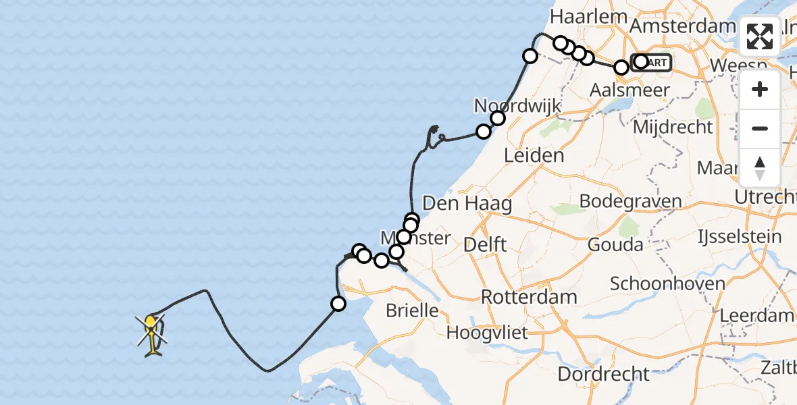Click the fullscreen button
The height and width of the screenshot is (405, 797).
coord(760,36)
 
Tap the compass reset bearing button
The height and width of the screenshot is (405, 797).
coord(760,167)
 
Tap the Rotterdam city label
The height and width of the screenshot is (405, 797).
coord(529,297)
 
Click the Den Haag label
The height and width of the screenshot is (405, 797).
coord(467,203)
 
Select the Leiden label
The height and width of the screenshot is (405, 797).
coord(534,156)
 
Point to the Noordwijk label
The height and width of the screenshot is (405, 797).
coord(508,105)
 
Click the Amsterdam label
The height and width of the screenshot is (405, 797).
coord(682,26)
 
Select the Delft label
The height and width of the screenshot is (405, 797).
coord(485,244)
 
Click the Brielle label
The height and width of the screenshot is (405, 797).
coord(412,310)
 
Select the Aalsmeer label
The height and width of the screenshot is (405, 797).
coord(629,90)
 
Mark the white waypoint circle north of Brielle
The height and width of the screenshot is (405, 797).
coord(338,304)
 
